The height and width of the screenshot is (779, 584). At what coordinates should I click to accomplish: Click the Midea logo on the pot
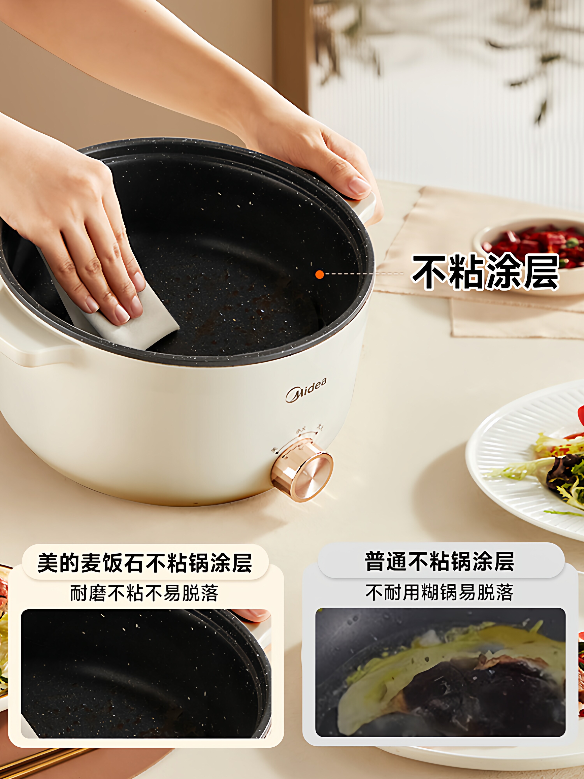(x=306, y=390)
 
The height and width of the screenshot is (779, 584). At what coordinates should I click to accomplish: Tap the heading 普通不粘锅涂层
(x=439, y=561)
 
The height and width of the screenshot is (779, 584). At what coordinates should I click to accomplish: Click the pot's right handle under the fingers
(x=366, y=208)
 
